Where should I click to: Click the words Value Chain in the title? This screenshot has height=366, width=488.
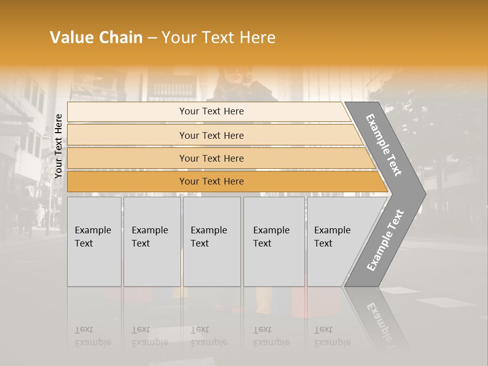(96, 38)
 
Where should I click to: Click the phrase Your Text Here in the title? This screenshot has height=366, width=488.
(219, 38)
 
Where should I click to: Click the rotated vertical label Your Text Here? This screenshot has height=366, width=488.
(58, 146)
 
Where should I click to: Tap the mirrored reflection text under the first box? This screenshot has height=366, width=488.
(93, 337)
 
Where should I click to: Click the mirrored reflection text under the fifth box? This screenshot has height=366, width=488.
(332, 337)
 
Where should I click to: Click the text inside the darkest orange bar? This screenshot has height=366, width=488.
(211, 181)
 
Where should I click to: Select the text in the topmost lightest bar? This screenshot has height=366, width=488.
(211, 111)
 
